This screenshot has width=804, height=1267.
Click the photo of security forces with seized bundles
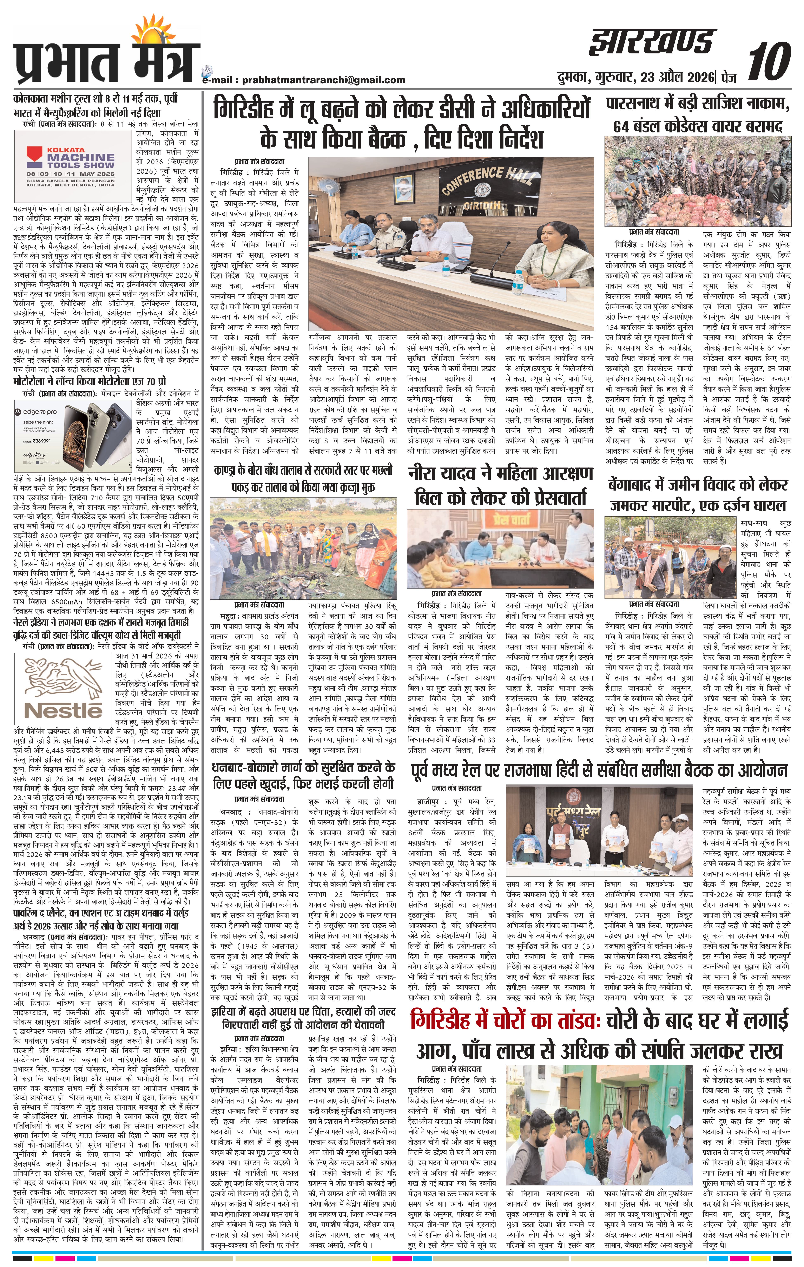pos(697,180)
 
